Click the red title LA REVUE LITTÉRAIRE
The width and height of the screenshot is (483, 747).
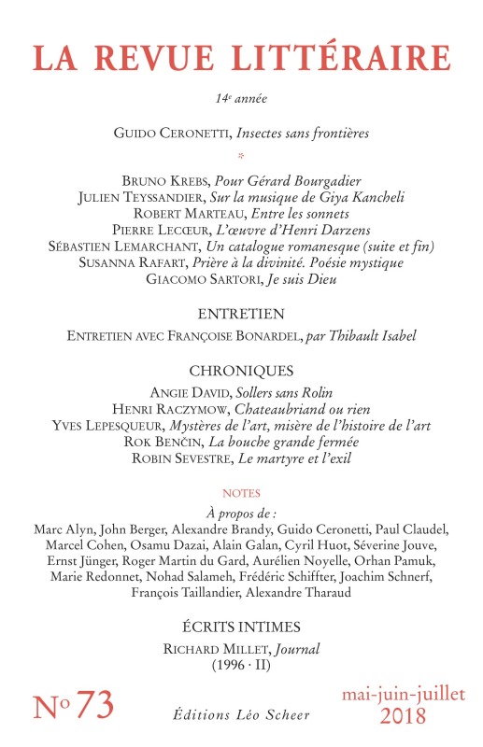tap(241, 58)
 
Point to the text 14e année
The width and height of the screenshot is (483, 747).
tap(241, 100)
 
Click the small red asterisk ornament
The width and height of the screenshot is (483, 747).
tap(241, 155)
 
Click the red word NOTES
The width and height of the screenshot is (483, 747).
tap(241, 493)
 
